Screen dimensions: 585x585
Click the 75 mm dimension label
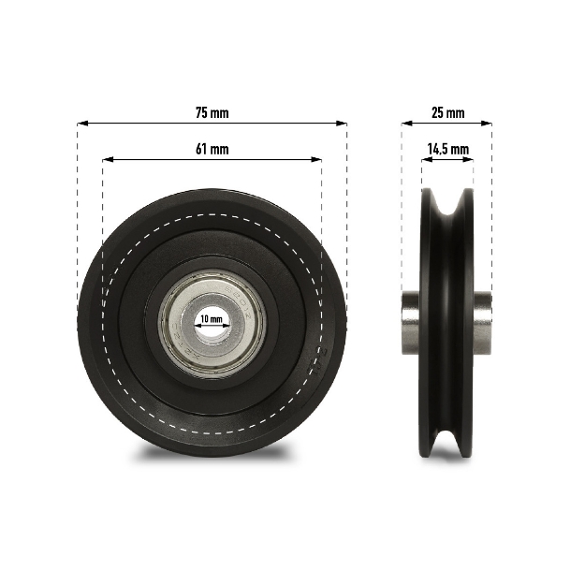tap(212, 112)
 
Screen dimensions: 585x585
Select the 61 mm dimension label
tap(212, 149)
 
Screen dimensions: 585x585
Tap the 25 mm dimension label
tap(446, 112)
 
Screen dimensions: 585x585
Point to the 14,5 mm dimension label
tap(446, 149)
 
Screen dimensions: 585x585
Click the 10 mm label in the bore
tap(212, 319)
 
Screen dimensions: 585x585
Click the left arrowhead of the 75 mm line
tap(81, 123)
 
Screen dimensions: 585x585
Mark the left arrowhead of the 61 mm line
tap(106, 159)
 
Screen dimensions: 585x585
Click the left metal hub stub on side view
tap(410, 322)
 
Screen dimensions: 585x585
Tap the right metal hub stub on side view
tap(483, 322)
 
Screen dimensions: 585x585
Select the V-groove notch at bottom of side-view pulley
tap(447, 447)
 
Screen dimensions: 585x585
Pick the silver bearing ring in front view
tap(178, 323)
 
